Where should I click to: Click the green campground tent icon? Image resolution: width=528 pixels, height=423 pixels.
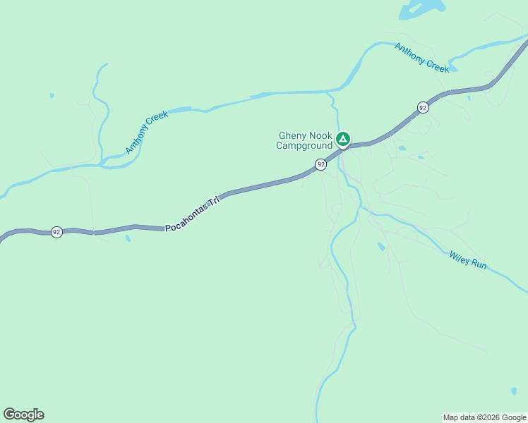pos(342,139)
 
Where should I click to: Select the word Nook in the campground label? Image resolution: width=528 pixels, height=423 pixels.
pos(320,136)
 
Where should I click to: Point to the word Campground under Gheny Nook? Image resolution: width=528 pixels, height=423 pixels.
pos(304,146)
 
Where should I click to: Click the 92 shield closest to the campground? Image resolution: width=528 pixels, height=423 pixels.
pos(321,164)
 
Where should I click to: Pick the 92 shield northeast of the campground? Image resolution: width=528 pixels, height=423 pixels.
pos(422,107)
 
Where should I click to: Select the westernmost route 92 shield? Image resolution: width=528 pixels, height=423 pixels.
pos(56,232)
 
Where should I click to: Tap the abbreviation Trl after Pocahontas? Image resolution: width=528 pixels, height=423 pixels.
pos(213,202)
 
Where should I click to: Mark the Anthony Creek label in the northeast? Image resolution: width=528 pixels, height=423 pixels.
pos(422,58)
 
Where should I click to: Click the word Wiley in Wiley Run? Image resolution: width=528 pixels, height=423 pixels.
pos(460,257)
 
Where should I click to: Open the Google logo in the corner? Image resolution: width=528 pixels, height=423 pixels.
pos(23,415)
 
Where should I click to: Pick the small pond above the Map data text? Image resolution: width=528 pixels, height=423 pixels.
pos(514,391)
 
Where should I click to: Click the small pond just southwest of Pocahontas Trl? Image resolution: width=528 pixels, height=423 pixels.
pos(127,238)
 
